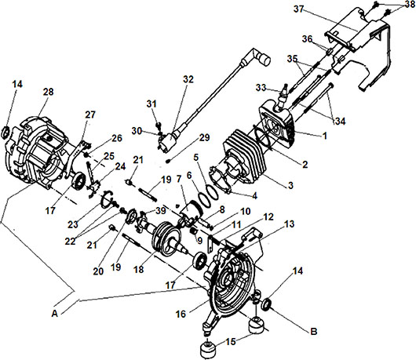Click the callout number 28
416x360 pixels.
click(x=49, y=92)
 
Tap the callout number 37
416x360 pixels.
click(x=298, y=9)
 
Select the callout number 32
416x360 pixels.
click(x=188, y=79)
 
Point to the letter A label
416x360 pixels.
click(x=55, y=314)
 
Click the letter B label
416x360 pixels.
click(x=314, y=331)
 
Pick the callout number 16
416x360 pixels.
click(x=181, y=315)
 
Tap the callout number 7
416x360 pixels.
click(x=178, y=179)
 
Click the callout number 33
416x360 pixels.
click(x=261, y=87)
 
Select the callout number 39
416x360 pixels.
click(x=161, y=211)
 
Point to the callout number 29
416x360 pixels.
click(x=204, y=137)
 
